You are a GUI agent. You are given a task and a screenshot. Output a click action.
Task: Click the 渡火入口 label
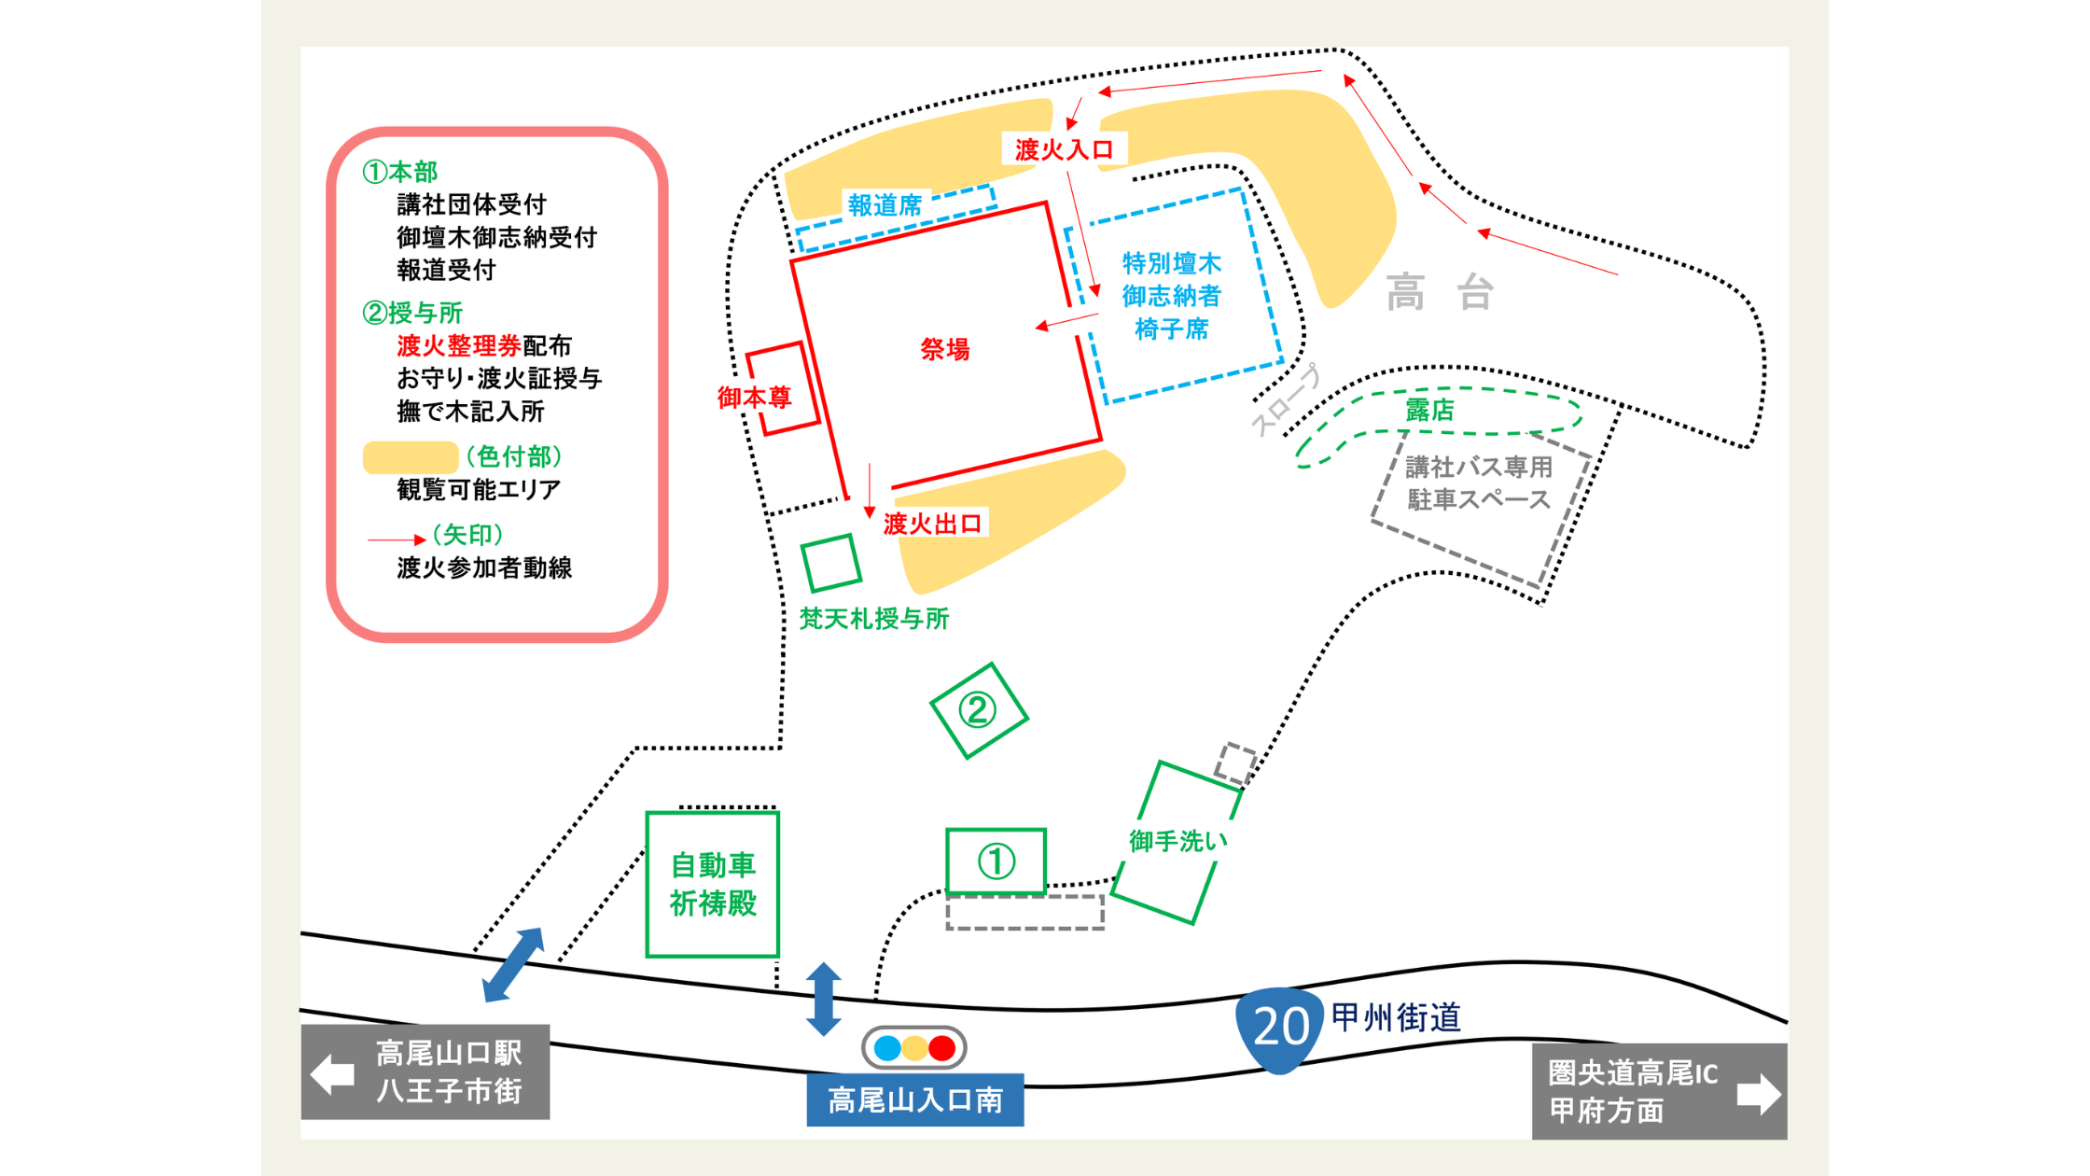click(1064, 149)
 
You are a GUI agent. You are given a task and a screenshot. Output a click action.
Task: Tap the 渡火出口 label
click(932, 524)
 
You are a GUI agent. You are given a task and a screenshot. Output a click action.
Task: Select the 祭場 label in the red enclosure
click(945, 349)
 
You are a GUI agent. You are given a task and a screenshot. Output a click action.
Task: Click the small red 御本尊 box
click(782, 388)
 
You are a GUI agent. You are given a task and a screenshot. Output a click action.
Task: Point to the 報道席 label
click(885, 205)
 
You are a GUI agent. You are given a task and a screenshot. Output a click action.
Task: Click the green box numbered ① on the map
click(996, 861)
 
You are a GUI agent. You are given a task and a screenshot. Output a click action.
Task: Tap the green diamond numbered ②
click(978, 710)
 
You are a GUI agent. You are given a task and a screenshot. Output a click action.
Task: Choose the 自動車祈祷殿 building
click(713, 884)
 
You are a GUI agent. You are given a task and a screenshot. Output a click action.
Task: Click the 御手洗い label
click(1177, 841)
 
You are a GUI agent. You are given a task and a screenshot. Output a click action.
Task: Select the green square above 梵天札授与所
click(830, 563)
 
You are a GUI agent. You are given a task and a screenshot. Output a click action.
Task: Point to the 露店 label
click(1429, 410)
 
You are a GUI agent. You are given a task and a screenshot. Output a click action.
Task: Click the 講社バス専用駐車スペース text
click(1478, 483)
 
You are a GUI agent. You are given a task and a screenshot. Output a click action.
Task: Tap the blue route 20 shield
click(1279, 1028)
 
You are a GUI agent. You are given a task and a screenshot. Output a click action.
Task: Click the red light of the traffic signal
click(942, 1048)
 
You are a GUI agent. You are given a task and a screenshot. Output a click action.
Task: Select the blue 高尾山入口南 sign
click(914, 1100)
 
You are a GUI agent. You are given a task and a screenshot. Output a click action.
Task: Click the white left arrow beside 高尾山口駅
click(333, 1073)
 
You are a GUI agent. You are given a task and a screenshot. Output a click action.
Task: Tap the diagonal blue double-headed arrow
click(513, 965)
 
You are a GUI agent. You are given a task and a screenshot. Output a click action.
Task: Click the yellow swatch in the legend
click(410, 457)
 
